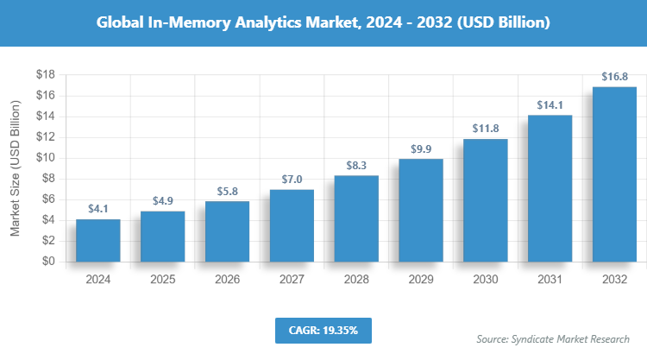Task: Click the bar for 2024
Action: tap(97, 240)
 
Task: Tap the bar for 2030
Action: tap(485, 200)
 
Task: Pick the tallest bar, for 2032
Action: tap(614, 174)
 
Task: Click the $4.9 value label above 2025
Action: tap(162, 201)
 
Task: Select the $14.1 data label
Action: tap(550, 105)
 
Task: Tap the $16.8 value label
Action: tap(614, 78)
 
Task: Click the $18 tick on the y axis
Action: tap(45, 75)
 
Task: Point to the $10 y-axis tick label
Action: tap(45, 158)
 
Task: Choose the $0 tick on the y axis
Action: tap(48, 262)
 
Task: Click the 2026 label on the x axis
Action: tap(227, 280)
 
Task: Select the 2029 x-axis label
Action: tap(421, 280)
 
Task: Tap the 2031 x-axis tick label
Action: tap(550, 280)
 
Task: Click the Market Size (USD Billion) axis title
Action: tap(16, 169)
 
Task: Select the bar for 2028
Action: tap(356, 218)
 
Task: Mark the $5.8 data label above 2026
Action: tap(227, 192)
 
